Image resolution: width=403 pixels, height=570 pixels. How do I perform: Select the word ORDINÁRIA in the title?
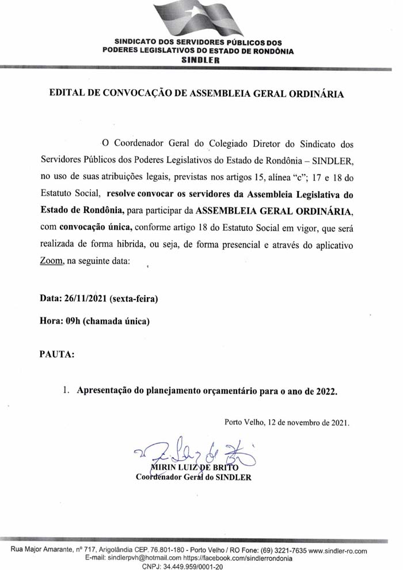314,94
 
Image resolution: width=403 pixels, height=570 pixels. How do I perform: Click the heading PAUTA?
56,354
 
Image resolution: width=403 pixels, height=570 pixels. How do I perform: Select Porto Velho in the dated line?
245,423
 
